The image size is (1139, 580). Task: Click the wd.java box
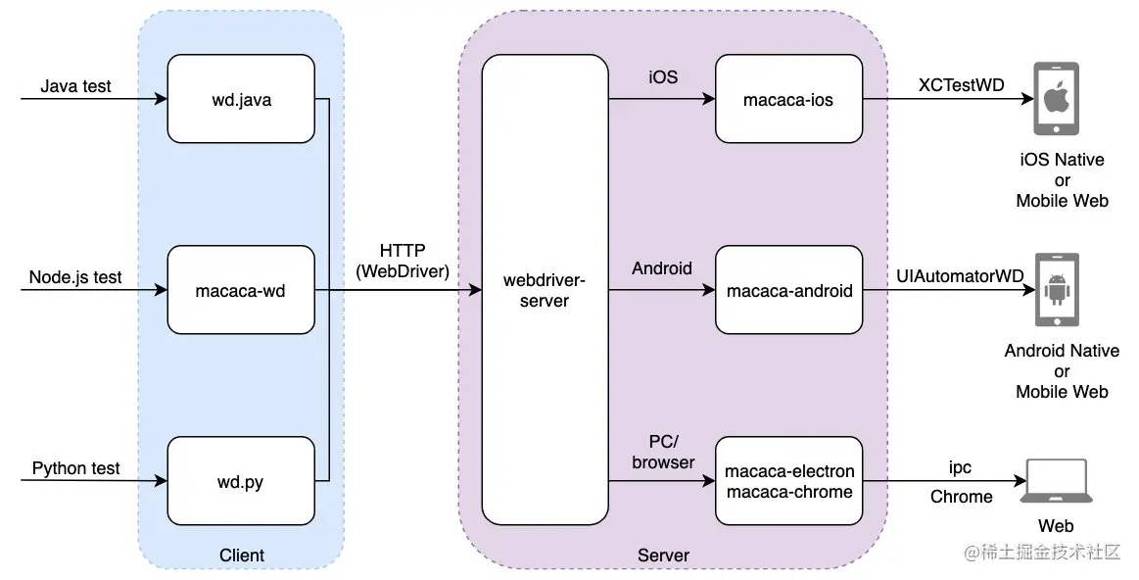click(x=241, y=99)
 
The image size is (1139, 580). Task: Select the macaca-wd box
click(x=241, y=290)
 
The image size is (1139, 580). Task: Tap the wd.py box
click(x=241, y=481)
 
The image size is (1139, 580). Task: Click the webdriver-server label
click(x=545, y=290)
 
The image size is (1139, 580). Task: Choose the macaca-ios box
click(x=788, y=99)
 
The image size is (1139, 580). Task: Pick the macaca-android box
click(x=788, y=290)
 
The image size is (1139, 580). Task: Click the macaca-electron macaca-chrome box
click(x=788, y=481)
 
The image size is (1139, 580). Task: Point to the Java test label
click(x=75, y=86)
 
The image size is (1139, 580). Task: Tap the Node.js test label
click(x=75, y=277)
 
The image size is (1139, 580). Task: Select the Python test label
click(x=75, y=468)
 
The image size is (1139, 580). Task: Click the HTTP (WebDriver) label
click(x=403, y=261)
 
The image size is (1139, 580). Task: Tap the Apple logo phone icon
click(x=1056, y=99)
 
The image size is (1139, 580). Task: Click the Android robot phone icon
click(x=1056, y=290)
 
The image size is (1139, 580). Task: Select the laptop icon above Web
click(x=1056, y=480)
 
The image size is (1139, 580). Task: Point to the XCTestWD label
click(x=961, y=85)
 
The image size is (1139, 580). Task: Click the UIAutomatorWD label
click(x=960, y=276)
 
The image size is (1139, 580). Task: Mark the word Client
click(x=242, y=556)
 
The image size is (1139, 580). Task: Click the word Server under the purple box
click(x=663, y=556)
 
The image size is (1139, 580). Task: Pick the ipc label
click(x=960, y=468)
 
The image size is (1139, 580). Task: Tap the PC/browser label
click(x=663, y=452)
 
